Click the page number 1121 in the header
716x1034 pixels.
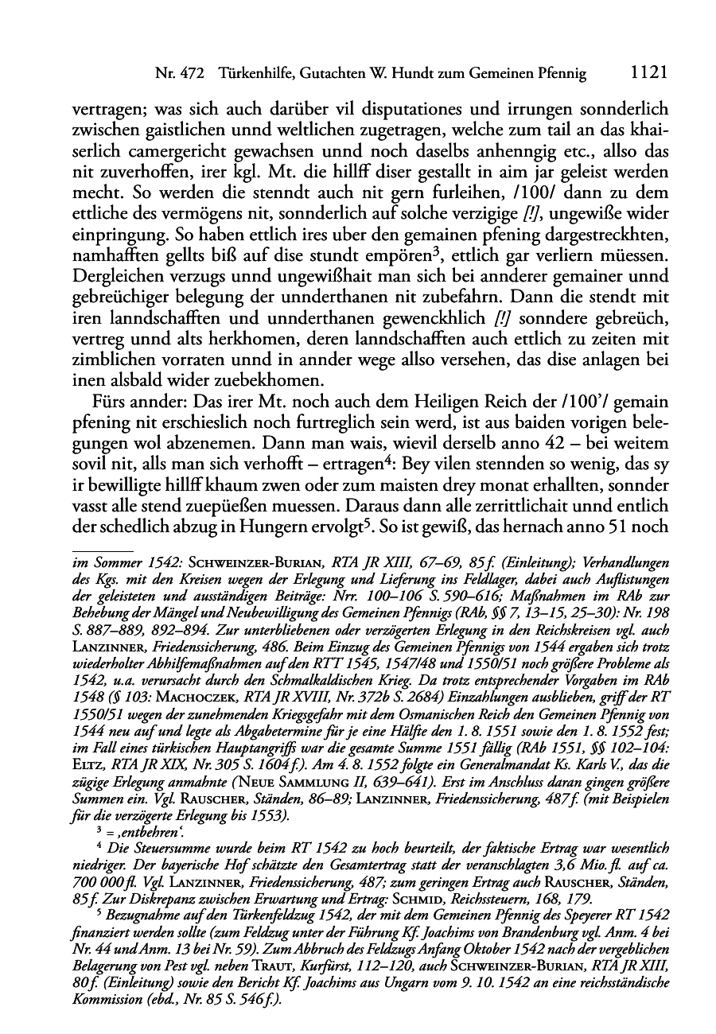pyautogui.click(x=646, y=74)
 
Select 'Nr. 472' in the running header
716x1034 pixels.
pyautogui.click(x=180, y=75)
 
